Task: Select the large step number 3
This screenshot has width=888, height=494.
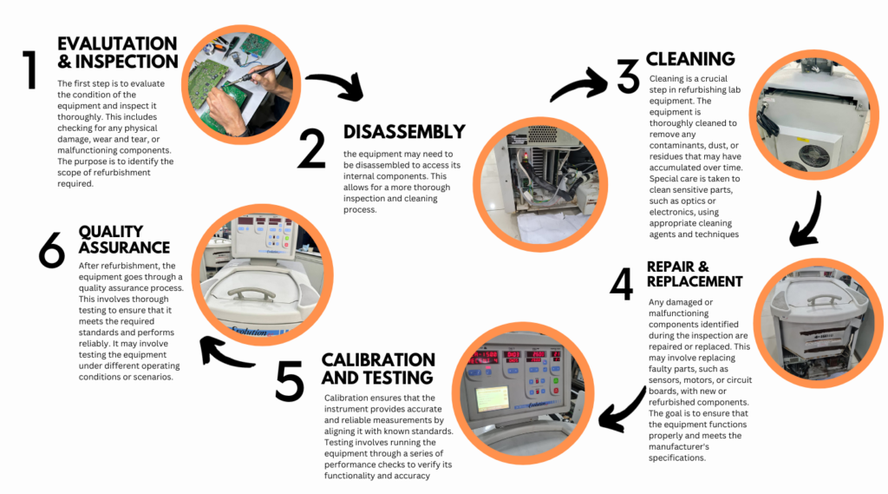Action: (628, 76)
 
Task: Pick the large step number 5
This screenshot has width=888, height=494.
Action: (290, 379)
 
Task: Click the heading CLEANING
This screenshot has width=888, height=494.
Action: (690, 59)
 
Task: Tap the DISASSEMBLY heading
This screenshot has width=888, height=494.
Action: (404, 132)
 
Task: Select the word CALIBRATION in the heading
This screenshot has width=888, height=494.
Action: (378, 359)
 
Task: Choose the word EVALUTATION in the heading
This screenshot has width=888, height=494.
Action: (117, 43)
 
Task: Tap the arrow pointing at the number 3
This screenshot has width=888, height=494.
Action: (580, 84)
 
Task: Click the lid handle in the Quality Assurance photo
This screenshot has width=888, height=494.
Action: (251, 295)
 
